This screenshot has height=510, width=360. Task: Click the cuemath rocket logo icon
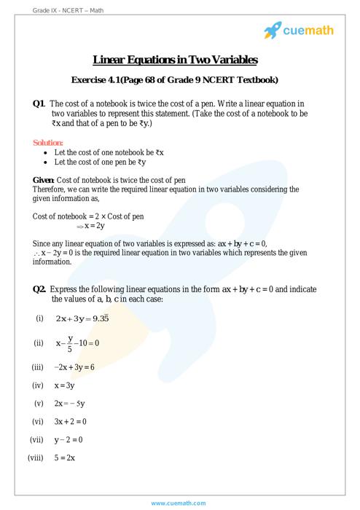pos(273,30)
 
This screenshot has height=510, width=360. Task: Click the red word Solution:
pos(48,143)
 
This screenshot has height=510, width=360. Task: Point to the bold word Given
pos(43,179)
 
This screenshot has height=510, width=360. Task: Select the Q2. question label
pos(40,289)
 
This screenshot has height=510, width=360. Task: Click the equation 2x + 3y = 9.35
pos(83,318)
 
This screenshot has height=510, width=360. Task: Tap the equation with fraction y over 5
pos(77,342)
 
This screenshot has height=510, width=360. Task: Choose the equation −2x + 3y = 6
pos(74,366)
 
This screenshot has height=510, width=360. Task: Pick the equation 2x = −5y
pos(69,403)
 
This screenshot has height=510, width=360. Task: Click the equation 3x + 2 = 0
pos(70,421)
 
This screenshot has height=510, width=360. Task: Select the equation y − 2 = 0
pos(68,440)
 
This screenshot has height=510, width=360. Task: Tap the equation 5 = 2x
pos(65,458)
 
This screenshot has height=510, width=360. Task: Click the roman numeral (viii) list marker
pos(36,458)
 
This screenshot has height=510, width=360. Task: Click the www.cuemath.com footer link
pos(179,503)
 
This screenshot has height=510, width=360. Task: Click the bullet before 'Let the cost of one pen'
pos(47,162)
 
